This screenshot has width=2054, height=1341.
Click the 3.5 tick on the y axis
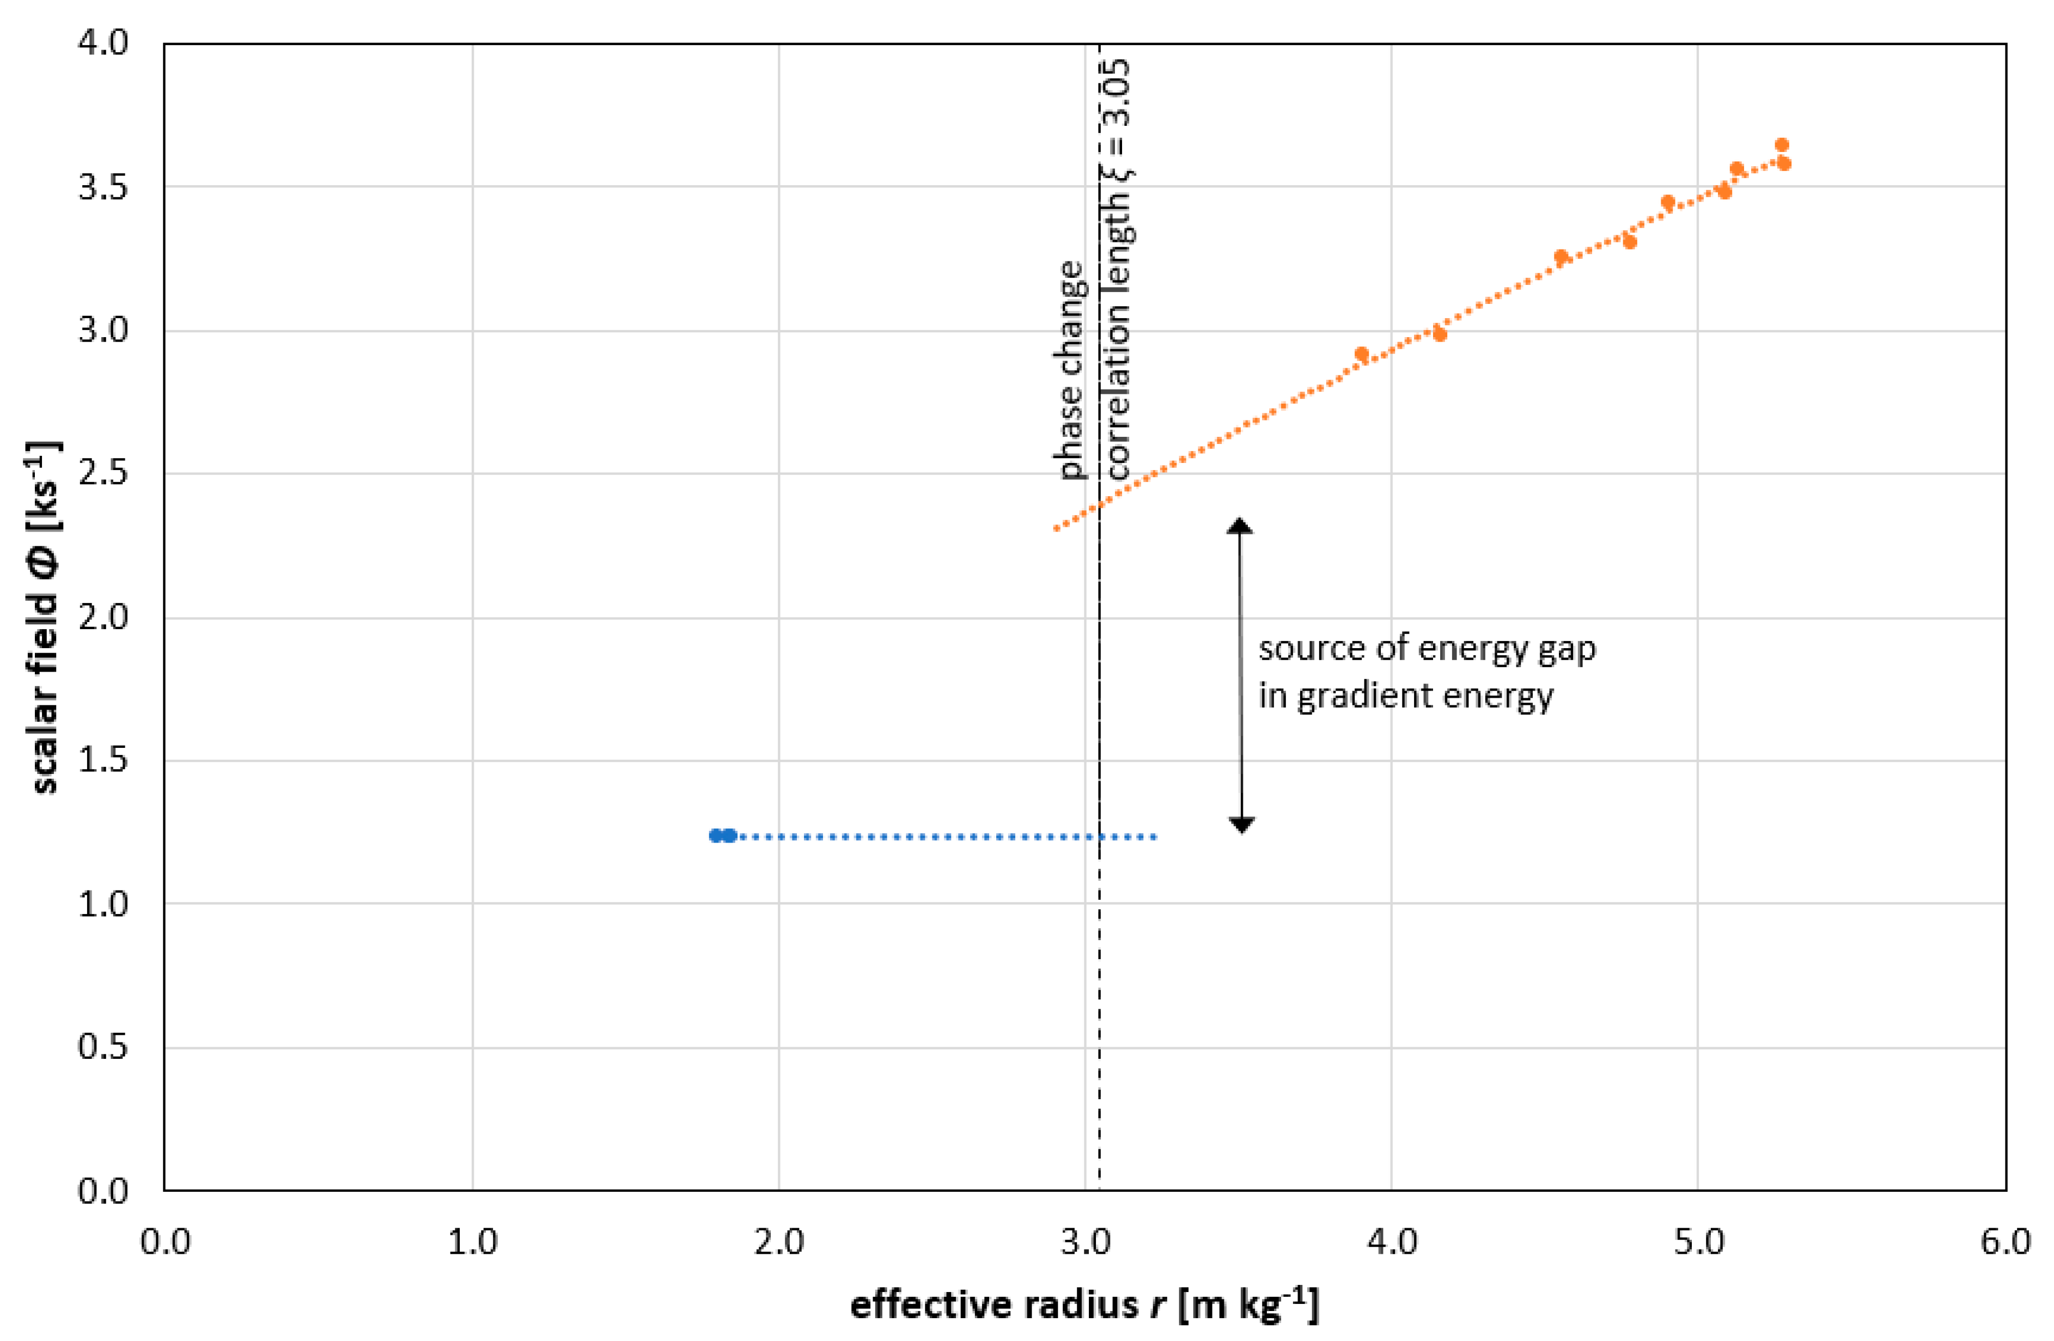(102, 187)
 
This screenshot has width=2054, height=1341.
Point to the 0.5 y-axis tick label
(102, 1047)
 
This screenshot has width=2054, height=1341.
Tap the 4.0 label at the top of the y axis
(102, 42)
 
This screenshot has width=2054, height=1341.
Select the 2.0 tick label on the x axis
(778, 1242)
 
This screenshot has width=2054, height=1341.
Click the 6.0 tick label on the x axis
(2004, 1242)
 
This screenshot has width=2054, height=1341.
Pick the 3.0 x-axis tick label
(1085, 1242)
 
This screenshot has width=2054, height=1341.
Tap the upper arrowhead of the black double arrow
(1240, 526)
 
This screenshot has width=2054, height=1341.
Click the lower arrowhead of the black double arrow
(1241, 825)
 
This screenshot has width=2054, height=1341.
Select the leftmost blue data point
(716, 836)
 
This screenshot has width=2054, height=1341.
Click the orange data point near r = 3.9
(1361, 354)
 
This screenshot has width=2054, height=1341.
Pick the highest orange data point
(1781, 145)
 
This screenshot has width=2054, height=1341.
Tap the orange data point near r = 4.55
(1561, 257)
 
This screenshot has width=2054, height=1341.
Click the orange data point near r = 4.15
(1439, 334)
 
